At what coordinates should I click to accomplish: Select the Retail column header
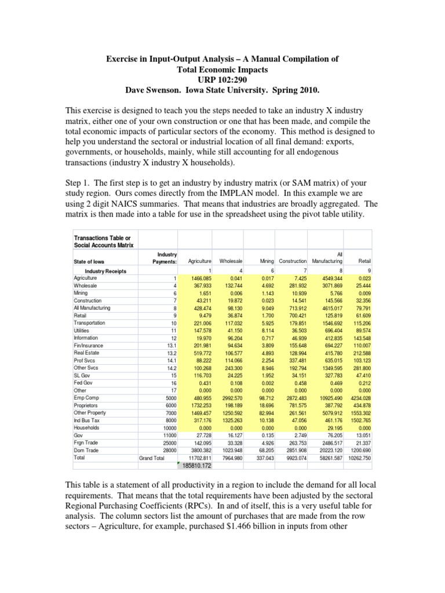[365, 261]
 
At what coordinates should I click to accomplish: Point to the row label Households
[86, 412]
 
